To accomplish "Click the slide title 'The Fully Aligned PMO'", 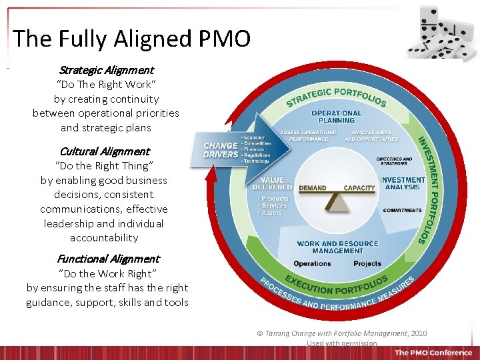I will click(131, 39).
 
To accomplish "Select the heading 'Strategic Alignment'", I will click(106, 70).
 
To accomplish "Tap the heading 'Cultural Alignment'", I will click(105, 151).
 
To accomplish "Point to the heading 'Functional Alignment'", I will click(108, 259).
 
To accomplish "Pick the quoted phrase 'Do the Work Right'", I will click(107, 273).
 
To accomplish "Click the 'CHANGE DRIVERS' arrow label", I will click(221, 150).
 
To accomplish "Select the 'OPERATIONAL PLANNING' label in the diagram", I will click(337, 117).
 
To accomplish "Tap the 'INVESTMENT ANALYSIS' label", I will click(402, 183).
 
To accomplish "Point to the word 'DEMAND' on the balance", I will click(312, 189).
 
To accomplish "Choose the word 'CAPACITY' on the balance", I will click(359, 189).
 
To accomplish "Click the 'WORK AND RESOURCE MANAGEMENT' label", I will click(337, 247).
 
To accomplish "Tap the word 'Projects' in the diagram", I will click(367, 264).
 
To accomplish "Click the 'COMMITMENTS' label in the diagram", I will click(402, 211).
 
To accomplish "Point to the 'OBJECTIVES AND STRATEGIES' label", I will click(394, 161).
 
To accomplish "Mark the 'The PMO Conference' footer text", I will click(433, 353).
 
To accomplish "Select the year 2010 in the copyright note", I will click(419, 333).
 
